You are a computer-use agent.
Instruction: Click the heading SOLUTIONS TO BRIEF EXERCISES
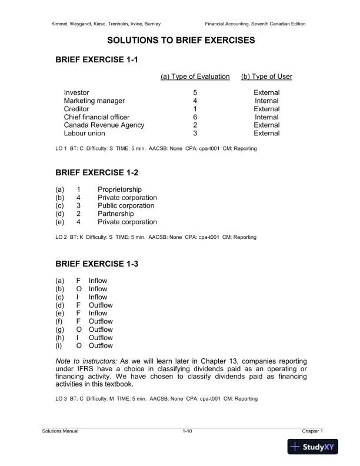[x=180, y=41]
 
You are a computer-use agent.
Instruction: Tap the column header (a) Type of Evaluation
[x=195, y=76]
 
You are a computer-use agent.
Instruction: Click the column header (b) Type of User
[x=266, y=76]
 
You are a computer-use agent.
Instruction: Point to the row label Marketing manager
[x=94, y=101]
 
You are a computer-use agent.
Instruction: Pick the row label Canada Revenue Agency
[x=104, y=125]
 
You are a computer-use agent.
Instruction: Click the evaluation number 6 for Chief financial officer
[x=195, y=117]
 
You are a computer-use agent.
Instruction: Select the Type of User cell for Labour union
[x=266, y=134]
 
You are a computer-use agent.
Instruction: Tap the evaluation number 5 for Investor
[x=195, y=92]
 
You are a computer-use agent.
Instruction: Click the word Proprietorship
[x=119, y=189]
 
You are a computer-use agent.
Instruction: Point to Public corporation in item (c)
[x=126, y=206]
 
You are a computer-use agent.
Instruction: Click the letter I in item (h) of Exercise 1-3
[x=78, y=338]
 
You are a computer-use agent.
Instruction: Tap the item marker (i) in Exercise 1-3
[x=59, y=346]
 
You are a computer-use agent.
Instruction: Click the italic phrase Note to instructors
[x=85, y=360]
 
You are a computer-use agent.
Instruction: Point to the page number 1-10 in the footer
[x=188, y=431]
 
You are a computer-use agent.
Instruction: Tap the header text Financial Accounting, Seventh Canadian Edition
[x=255, y=24]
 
